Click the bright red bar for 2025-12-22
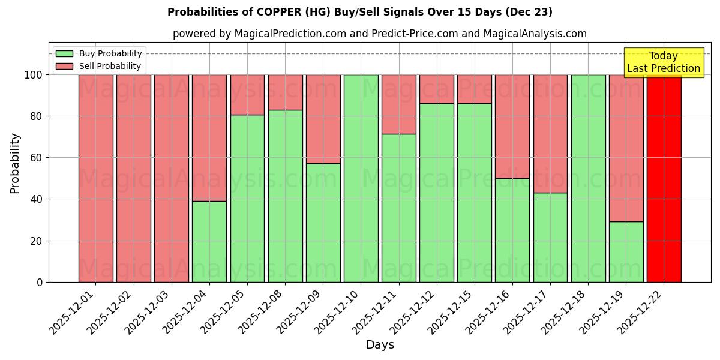(x=664, y=178)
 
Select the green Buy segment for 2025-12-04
(x=209, y=241)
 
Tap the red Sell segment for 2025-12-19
(x=626, y=148)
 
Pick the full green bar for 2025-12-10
(x=361, y=178)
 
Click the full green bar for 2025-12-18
(x=588, y=178)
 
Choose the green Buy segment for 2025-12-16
(x=512, y=230)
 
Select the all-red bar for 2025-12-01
(x=96, y=178)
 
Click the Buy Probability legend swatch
(x=64, y=54)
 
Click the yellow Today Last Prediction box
(x=664, y=62)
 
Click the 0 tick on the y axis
(x=40, y=282)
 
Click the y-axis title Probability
(x=15, y=163)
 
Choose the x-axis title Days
(x=380, y=345)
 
